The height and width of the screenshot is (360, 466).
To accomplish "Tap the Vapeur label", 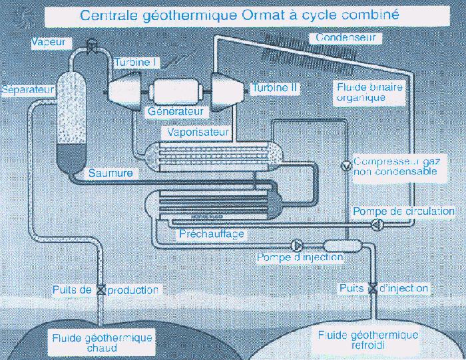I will pyautogui.click(x=51, y=42).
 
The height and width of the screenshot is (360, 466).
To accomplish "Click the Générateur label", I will pyautogui.click(x=176, y=111).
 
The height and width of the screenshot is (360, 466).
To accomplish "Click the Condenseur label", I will pyautogui.click(x=346, y=38).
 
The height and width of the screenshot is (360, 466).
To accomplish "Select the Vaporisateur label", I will pyautogui.click(x=200, y=132).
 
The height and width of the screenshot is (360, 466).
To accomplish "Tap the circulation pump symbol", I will pyautogui.click(x=376, y=224).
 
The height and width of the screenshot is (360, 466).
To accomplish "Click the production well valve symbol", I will pyautogui.click(x=101, y=290).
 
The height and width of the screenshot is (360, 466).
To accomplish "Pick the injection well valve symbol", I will pyautogui.click(x=373, y=289).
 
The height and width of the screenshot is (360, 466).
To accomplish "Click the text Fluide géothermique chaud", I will pyautogui.click(x=102, y=343).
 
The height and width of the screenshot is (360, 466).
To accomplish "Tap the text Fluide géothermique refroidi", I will pyautogui.click(x=368, y=340).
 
